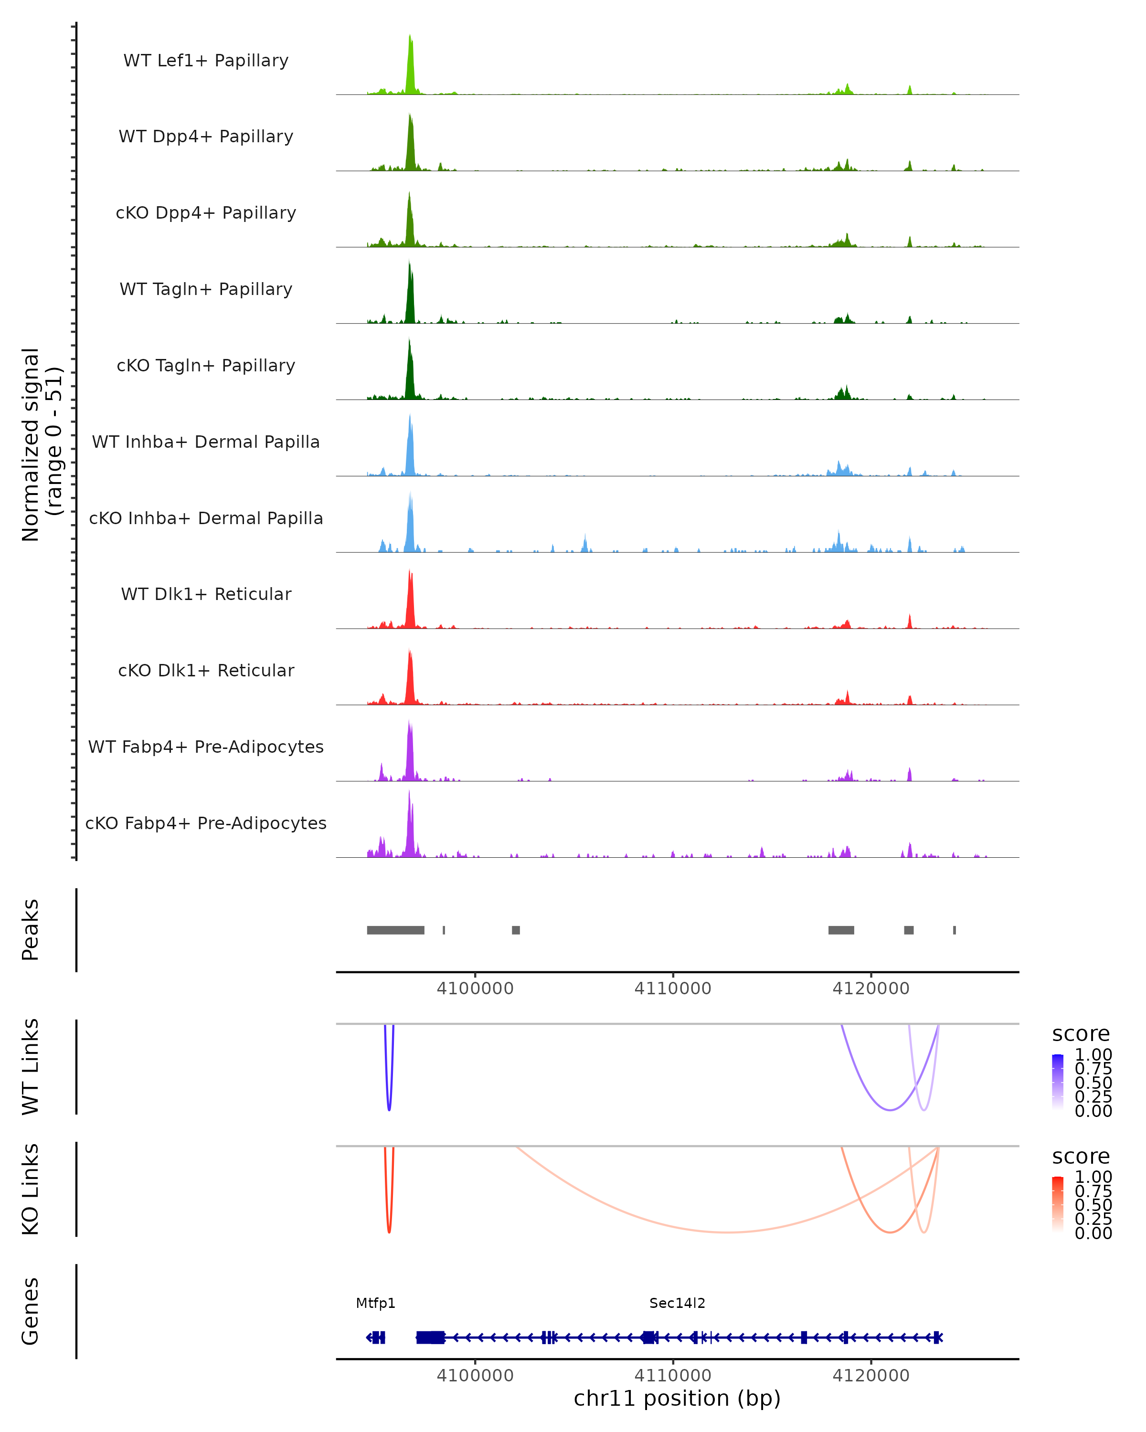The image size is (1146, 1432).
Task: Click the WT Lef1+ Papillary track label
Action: pyautogui.click(x=206, y=61)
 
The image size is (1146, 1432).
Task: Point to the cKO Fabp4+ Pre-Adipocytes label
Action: pyautogui.click(x=206, y=823)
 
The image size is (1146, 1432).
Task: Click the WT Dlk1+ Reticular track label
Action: pyautogui.click(x=206, y=594)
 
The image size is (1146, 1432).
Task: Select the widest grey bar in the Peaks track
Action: pyautogui.click(x=395, y=930)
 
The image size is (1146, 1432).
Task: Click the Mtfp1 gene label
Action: pyautogui.click(x=375, y=1303)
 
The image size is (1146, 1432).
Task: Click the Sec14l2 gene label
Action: pyautogui.click(x=677, y=1303)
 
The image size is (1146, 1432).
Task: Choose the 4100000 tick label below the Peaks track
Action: pyautogui.click(x=475, y=989)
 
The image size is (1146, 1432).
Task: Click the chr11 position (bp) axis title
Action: pyautogui.click(x=677, y=1399)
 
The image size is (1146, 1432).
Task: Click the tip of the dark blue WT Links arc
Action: pyautogui.click(x=389, y=1110)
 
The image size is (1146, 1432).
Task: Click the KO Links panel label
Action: pyautogui.click(x=31, y=1189)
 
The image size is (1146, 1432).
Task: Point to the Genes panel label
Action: pyautogui.click(x=31, y=1311)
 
